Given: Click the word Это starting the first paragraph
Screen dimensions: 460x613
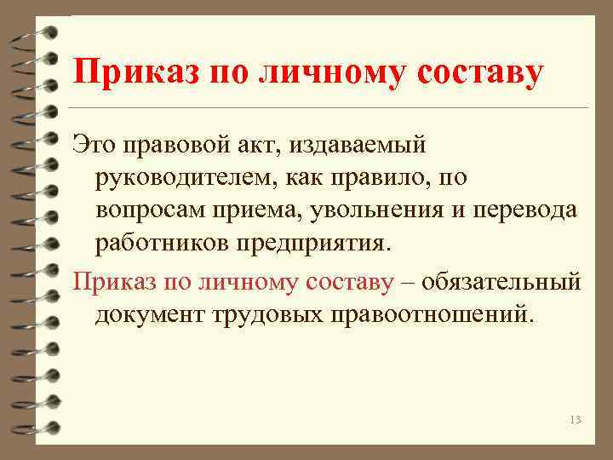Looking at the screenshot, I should coord(95,145).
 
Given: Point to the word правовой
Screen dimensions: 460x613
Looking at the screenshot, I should coord(177,145).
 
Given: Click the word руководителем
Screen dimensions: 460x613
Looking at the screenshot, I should coord(178,178).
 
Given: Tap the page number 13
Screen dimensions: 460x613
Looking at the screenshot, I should coord(575,420).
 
